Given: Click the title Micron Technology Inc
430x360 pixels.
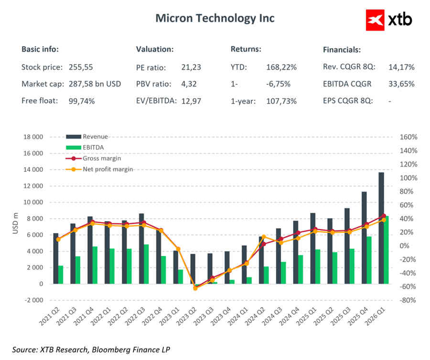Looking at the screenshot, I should click(215, 19).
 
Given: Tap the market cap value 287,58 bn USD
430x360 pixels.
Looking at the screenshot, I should click(95, 84).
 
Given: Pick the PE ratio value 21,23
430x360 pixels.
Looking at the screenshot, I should click(191, 67).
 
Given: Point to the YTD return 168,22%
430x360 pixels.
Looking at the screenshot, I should click(281, 67).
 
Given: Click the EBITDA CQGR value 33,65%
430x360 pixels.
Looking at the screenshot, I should click(401, 84).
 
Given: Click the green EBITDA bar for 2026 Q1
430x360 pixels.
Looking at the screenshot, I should click(386, 250).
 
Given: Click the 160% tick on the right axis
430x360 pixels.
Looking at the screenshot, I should click(408, 137).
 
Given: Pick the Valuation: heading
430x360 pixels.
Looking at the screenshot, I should click(155, 49).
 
